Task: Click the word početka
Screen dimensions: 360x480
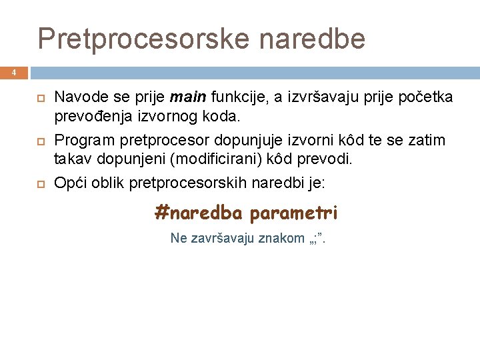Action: pyautogui.click(x=425, y=98)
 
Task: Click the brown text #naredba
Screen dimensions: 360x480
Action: pyautogui.click(x=199, y=213)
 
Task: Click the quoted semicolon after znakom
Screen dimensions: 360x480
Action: pyautogui.click(x=317, y=239)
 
